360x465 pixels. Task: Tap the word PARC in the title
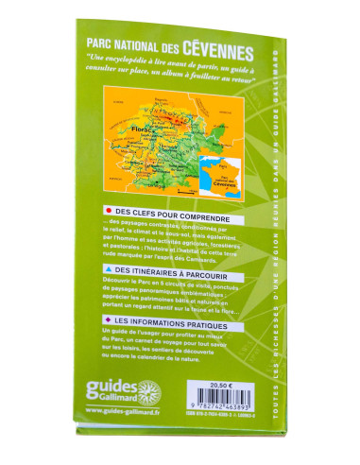pyautogui.click(x=100, y=43)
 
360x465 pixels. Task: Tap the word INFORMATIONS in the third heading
pyautogui.click(x=155, y=325)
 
